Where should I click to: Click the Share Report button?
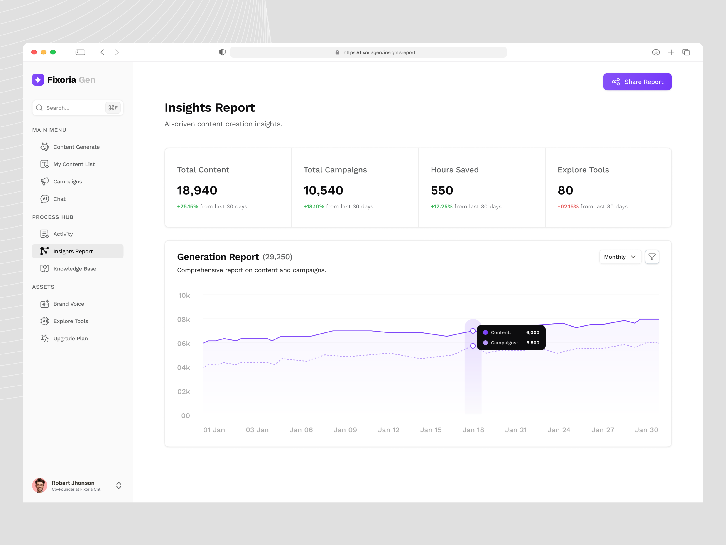pos(637,82)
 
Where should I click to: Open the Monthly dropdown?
pos(620,257)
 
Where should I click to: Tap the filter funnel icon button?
pos(652,257)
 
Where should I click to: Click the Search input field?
pos(74,108)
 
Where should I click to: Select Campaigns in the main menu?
pos(67,182)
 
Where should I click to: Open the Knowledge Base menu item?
pos(74,269)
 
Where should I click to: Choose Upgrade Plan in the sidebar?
pos(70,338)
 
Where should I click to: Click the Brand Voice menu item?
pos(69,304)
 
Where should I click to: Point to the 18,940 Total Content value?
pos(197,191)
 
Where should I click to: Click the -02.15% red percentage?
pos(568,206)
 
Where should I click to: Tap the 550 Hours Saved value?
pos(442,191)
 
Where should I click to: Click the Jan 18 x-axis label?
pos(473,430)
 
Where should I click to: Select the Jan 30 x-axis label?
pos(646,430)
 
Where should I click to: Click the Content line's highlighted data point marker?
pos(473,331)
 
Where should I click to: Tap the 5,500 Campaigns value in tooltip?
pos(533,343)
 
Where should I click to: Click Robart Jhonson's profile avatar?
pos(40,485)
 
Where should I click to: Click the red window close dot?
pos(34,52)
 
